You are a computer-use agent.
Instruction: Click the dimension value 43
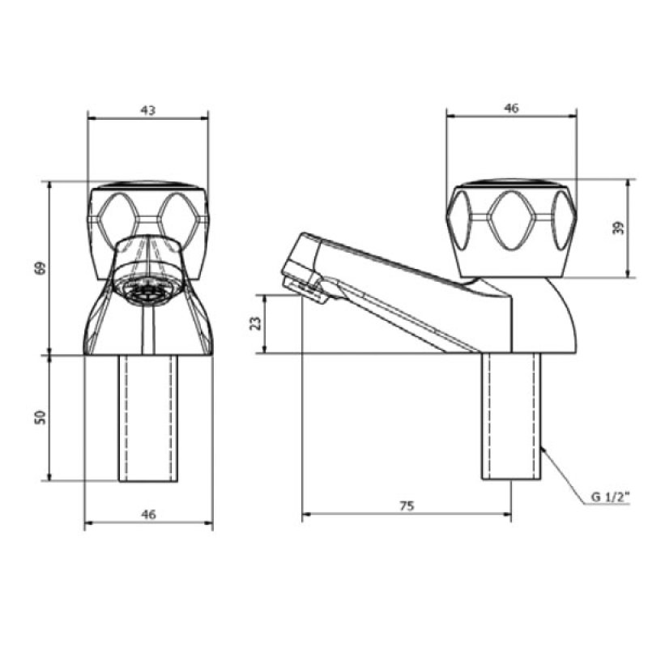148,110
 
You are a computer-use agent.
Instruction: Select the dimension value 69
40,268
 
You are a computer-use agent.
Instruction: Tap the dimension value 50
40,417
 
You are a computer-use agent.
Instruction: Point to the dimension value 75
407,505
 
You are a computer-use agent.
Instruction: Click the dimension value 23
257,322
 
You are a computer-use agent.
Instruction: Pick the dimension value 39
618,228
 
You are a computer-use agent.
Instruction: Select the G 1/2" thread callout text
610,497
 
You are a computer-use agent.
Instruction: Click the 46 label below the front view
148,514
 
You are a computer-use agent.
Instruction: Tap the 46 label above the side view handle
511,109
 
